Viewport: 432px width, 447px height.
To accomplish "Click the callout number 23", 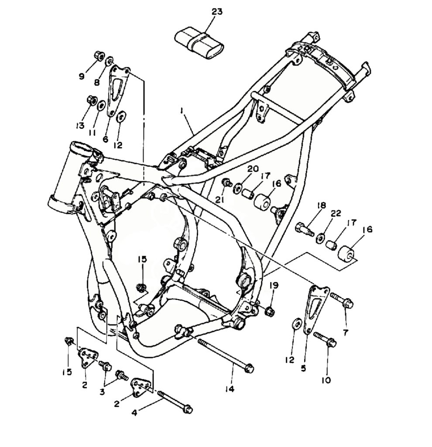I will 217,11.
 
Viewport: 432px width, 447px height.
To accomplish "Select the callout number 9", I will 82,76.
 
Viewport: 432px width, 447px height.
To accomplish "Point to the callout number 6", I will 105,139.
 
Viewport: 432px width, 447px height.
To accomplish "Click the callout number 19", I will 274,285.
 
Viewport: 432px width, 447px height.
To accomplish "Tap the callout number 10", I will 326,380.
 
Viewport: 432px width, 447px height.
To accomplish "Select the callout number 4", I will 134,412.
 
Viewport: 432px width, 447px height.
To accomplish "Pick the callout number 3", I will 103,392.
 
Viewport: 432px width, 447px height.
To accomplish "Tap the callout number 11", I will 92,133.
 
